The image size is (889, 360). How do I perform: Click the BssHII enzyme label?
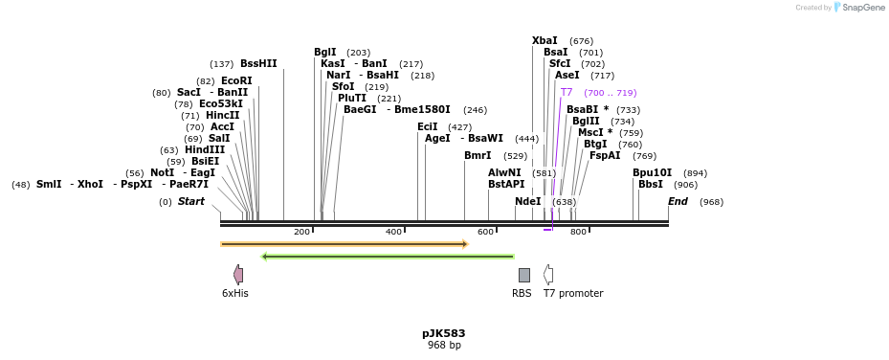pyautogui.click(x=258, y=64)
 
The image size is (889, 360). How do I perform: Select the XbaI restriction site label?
pyautogui.click(x=545, y=41)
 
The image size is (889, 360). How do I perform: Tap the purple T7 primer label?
pyautogui.click(x=567, y=93)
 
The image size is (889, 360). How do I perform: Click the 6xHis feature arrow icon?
pyautogui.click(x=238, y=275)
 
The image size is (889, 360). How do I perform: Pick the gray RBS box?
pyautogui.click(x=523, y=275)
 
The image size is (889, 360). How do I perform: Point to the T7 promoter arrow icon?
pyautogui.click(x=548, y=275)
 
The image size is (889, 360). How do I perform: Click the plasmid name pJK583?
pyautogui.click(x=444, y=334)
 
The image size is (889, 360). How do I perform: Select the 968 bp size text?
pyautogui.click(x=444, y=346)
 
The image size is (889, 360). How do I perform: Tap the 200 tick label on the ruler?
pyautogui.click(x=301, y=233)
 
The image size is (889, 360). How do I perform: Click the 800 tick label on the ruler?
pyautogui.click(x=578, y=233)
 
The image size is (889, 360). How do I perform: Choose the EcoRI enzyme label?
pyautogui.click(x=236, y=81)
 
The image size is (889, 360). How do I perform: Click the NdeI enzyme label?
pyautogui.click(x=527, y=202)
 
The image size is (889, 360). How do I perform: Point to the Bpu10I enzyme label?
pyautogui.click(x=652, y=173)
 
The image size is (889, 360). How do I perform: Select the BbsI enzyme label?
pyautogui.click(x=651, y=185)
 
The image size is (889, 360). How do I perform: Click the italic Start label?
pyautogui.click(x=191, y=202)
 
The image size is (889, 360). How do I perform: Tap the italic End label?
pyautogui.click(x=678, y=202)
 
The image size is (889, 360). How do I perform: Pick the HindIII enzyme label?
pyautogui.click(x=205, y=150)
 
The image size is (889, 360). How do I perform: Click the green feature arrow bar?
pyautogui.click(x=388, y=257)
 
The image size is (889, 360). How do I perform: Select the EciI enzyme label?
pyautogui.click(x=427, y=127)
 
